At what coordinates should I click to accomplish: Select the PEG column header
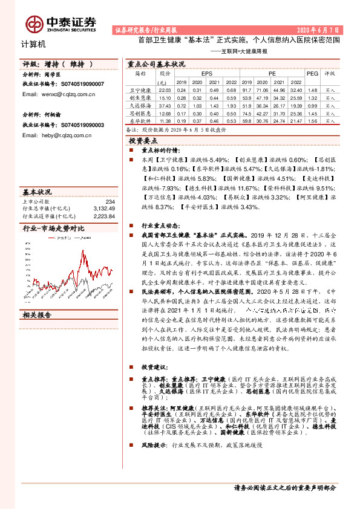[x=312, y=73]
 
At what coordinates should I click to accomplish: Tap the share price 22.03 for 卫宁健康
[x=165, y=89]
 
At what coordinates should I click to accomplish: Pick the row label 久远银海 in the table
[x=142, y=105]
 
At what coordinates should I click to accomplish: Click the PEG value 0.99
[x=312, y=105]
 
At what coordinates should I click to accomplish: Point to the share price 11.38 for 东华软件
[x=165, y=120]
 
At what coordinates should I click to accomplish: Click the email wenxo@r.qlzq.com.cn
[x=56, y=94]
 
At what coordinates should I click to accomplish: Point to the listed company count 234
[x=110, y=201]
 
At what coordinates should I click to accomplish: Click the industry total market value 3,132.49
[x=103, y=208]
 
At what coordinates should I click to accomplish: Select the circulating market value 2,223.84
[x=103, y=215]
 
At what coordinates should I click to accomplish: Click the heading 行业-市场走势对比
[x=53, y=228]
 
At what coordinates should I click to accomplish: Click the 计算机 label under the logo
[x=29, y=45]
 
